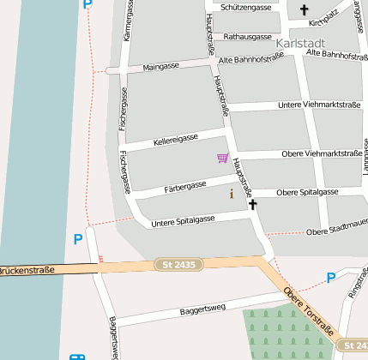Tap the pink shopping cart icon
[223, 158]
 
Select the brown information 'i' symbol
[231, 195]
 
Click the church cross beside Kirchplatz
[304, 10]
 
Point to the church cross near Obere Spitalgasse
[252, 205]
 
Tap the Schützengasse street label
[246, 7]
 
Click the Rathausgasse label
[247, 37]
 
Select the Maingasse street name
[161, 66]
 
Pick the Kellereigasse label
[176, 139]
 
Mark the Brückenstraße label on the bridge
[26, 270]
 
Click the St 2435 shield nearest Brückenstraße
[178, 265]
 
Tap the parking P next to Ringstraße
[331, 278]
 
